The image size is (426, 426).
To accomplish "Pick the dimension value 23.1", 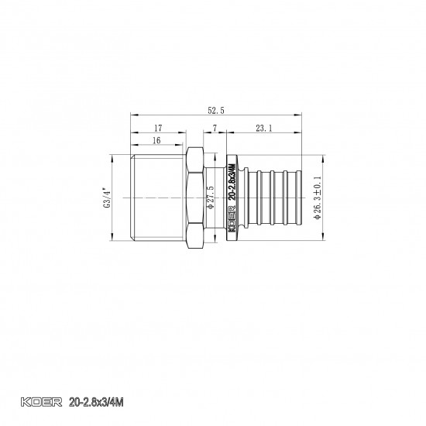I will click(x=264, y=129).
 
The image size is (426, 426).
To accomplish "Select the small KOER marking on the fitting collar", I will click(x=232, y=219).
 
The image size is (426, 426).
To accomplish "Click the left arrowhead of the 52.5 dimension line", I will click(x=131, y=118).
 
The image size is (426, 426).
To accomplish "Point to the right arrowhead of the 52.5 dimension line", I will click(x=301, y=118).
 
